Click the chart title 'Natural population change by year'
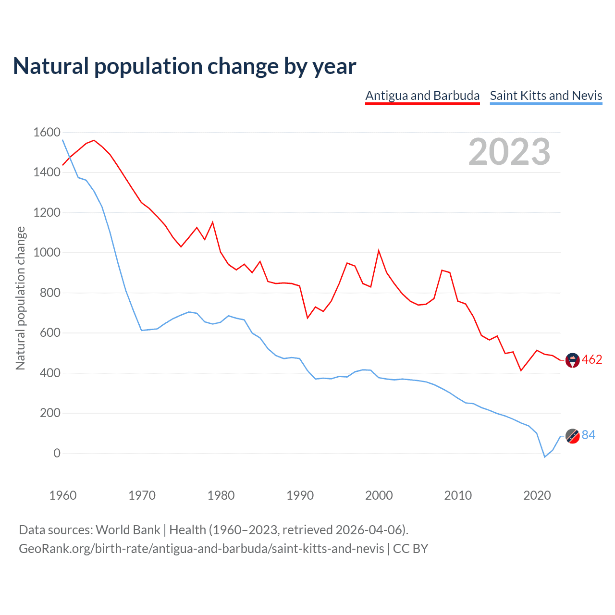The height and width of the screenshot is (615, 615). click(184, 66)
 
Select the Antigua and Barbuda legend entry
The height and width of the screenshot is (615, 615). click(422, 96)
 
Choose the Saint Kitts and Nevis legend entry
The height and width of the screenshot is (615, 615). click(546, 96)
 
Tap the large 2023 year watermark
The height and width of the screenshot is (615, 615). click(509, 152)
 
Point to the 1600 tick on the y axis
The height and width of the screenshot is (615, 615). click(47, 132)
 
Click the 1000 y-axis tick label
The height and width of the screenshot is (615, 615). click(47, 252)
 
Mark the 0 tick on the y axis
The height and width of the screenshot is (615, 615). click(57, 453)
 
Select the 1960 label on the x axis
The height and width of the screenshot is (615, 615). click(63, 495)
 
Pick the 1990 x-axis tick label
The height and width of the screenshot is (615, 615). click(300, 495)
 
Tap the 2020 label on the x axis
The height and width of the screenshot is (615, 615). click(537, 495)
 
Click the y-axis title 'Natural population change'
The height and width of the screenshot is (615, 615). click(20, 298)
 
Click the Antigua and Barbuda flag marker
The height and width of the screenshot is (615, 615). click(573, 360)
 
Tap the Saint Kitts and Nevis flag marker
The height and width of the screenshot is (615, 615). click(573, 436)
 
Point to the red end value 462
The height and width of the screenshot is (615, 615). click(592, 360)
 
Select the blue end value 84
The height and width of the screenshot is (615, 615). click(589, 435)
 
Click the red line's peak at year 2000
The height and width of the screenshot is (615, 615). click(379, 250)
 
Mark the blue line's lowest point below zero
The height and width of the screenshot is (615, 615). click(545, 457)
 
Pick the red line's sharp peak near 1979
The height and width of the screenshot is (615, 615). click(213, 222)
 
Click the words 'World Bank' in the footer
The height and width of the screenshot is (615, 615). click(128, 530)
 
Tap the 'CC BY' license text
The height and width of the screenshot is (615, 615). click(410, 549)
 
